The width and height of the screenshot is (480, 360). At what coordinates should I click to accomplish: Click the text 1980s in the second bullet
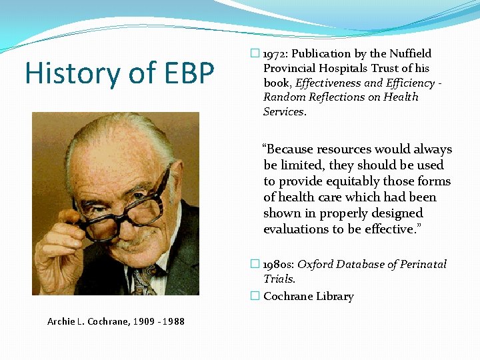tap(279, 265)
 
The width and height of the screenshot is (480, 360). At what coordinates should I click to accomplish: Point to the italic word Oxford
tap(315, 265)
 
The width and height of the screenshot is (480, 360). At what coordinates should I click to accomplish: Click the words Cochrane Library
tap(308, 297)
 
